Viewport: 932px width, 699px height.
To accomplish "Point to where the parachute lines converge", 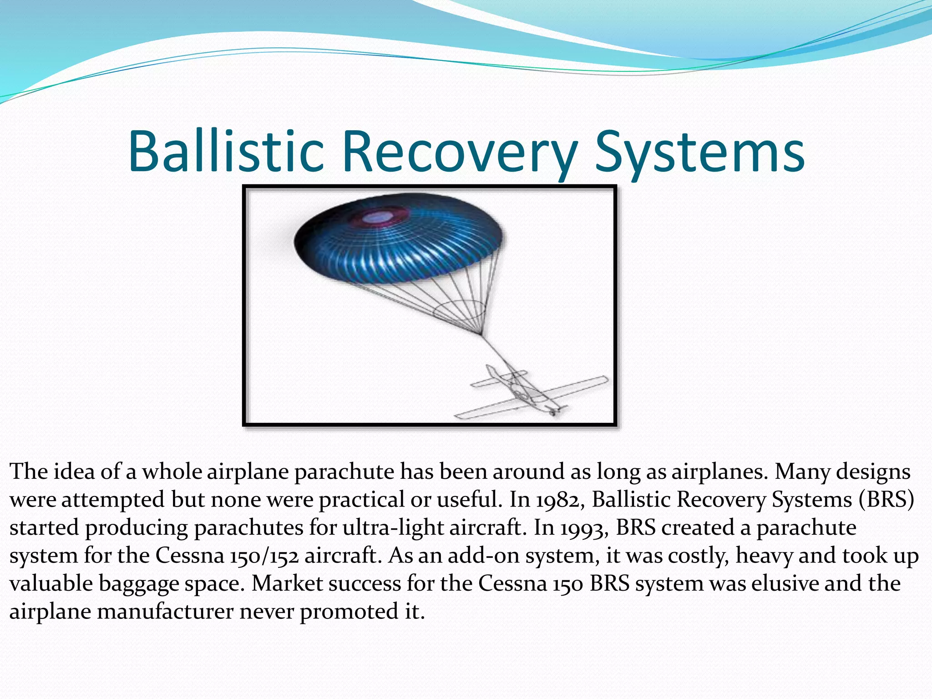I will click(481, 334).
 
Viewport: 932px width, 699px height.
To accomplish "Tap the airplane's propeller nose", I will click(554, 411).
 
